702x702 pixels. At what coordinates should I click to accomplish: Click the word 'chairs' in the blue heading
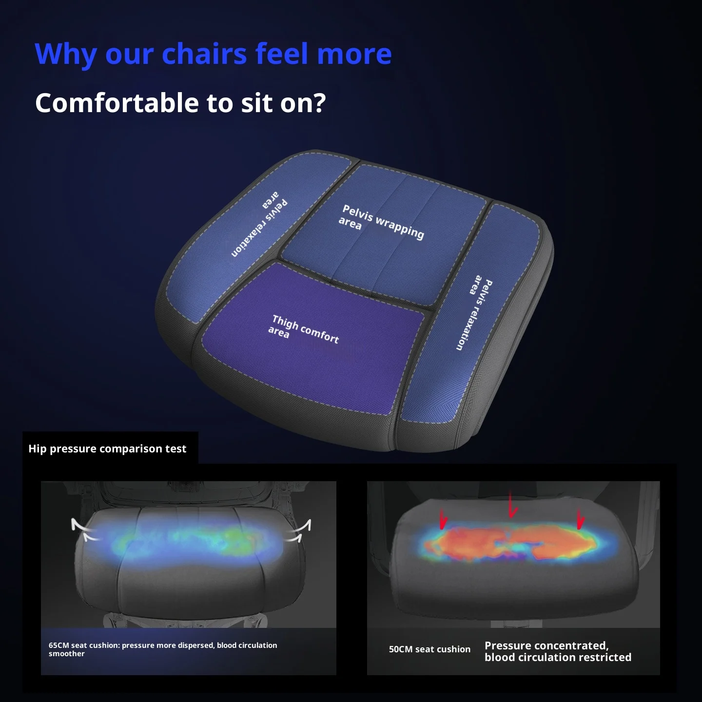pyautogui.click(x=204, y=54)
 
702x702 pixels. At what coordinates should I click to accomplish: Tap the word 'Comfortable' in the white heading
pyautogui.click(x=117, y=103)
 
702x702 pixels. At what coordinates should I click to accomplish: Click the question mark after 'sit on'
pyautogui.click(x=319, y=103)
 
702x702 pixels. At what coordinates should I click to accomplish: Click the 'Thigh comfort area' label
pyautogui.click(x=304, y=330)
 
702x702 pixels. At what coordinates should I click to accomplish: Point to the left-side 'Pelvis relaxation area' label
pyautogui.click(x=259, y=224)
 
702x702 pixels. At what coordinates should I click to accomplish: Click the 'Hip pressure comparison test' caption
pyautogui.click(x=107, y=448)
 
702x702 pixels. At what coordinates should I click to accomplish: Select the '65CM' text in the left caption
pyautogui.click(x=58, y=645)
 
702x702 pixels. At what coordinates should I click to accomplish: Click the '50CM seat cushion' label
pyautogui.click(x=429, y=649)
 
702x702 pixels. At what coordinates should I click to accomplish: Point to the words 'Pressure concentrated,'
pyautogui.click(x=546, y=645)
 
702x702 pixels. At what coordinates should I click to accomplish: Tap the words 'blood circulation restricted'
pyautogui.click(x=558, y=657)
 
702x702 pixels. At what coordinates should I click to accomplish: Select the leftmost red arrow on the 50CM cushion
pyautogui.click(x=443, y=519)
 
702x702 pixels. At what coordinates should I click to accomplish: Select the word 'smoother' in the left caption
pyautogui.click(x=67, y=654)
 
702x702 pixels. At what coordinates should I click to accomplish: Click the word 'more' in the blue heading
pyautogui.click(x=354, y=54)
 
